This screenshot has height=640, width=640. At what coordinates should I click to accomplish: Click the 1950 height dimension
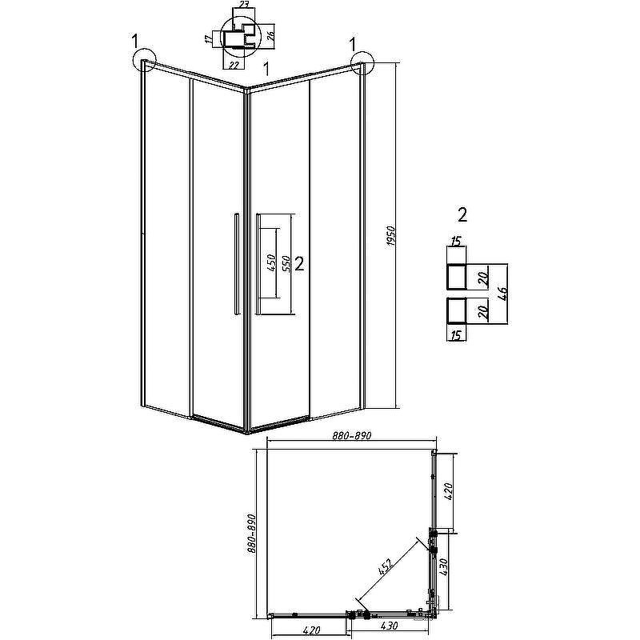click(391, 236)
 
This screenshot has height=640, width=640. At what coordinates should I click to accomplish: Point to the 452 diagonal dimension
click(385, 567)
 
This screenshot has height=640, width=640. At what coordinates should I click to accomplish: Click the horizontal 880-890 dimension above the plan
click(352, 436)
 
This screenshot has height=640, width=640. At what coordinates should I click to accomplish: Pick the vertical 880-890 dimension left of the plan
click(251, 534)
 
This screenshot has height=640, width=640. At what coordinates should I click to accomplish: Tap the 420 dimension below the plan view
click(312, 631)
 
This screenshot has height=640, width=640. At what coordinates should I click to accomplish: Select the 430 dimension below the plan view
click(389, 626)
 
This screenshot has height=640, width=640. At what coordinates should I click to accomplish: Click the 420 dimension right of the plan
click(448, 492)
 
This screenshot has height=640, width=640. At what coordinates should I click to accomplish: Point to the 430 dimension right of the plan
click(444, 567)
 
